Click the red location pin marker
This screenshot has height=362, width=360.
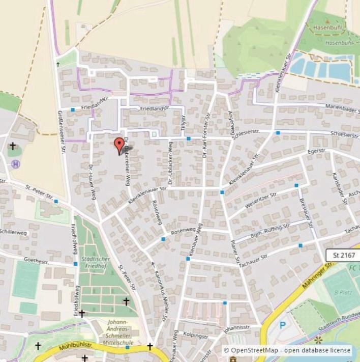click(x=119, y=145)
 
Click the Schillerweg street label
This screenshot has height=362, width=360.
click(x=13, y=232)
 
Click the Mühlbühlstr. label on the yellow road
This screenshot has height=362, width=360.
click(x=69, y=348)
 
